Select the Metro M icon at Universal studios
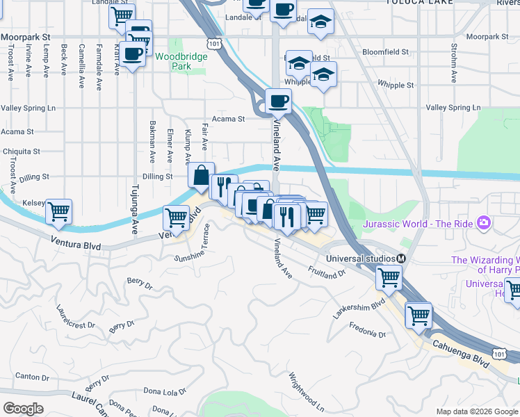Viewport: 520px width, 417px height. (400, 258)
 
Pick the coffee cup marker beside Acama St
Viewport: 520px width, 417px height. (279, 101)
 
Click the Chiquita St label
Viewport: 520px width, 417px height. (20, 152)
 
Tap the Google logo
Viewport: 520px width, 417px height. (23, 408)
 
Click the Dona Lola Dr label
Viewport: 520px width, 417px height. (165, 391)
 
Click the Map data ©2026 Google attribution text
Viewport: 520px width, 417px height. (477, 411)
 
